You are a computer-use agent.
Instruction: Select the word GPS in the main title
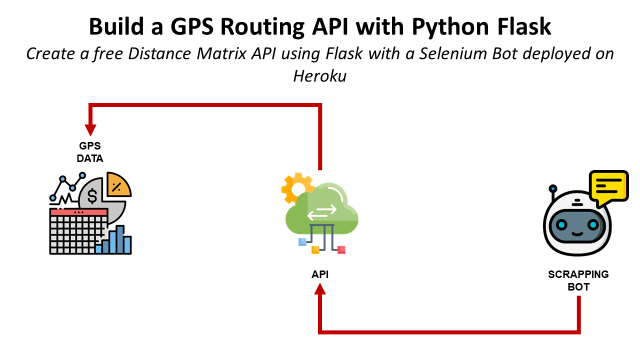pyautogui.click(x=191, y=27)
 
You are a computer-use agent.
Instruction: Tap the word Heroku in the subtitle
pyautogui.click(x=320, y=76)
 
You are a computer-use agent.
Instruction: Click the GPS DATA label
pyautogui.click(x=90, y=152)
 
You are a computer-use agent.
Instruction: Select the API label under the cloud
pyautogui.click(x=320, y=274)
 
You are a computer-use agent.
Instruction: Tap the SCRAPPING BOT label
pyautogui.click(x=578, y=280)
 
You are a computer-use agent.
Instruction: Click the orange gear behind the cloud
pyautogui.click(x=296, y=188)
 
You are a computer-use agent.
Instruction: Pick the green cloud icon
pyautogui.click(x=322, y=210)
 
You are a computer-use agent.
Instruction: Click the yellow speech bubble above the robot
pyautogui.click(x=609, y=187)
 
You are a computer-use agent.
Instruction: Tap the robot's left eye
pyautogui.click(x=562, y=224)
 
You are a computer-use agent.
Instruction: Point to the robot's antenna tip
pyautogui.click(x=553, y=189)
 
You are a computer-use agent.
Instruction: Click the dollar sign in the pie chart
pyautogui.click(x=92, y=196)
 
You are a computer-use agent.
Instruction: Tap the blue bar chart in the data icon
pyautogui.click(x=114, y=240)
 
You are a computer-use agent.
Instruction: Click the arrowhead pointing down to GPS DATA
pyautogui.click(x=90, y=129)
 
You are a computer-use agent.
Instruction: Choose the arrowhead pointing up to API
pyautogui.click(x=320, y=289)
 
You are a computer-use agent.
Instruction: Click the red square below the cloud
pyautogui.click(x=341, y=250)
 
